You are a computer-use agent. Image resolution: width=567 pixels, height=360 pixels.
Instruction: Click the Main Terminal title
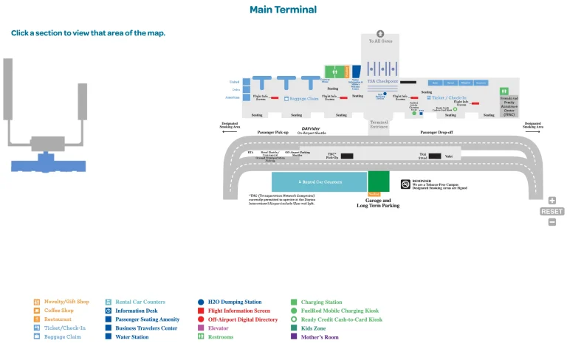tap(283, 10)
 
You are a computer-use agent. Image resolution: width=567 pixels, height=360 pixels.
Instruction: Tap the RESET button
tap(551, 211)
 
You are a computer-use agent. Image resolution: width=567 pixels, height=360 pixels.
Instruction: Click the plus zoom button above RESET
tap(551, 200)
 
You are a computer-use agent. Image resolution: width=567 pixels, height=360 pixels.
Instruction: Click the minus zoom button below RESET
tap(551, 222)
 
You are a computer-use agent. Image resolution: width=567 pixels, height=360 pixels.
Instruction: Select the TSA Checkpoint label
tap(382, 81)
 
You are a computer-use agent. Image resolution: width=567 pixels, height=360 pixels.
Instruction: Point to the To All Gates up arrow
tap(380, 34)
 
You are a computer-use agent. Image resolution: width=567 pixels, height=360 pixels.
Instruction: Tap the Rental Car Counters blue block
tap(319, 181)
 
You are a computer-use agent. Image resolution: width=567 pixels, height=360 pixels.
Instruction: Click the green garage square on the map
tap(378, 181)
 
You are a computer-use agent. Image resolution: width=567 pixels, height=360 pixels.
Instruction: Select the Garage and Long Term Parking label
tap(378, 202)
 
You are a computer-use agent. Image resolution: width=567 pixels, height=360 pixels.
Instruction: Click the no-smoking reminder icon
tap(405, 184)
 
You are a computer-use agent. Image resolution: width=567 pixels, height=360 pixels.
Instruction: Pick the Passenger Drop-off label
tap(436, 132)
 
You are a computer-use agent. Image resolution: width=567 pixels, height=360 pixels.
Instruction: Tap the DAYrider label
tap(311, 128)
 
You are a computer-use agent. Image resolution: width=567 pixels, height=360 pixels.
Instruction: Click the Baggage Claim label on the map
tap(303, 98)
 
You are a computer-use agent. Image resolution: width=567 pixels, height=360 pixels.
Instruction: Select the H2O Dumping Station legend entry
tap(234, 302)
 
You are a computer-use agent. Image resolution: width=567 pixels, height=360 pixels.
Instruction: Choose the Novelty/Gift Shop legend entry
tap(66, 302)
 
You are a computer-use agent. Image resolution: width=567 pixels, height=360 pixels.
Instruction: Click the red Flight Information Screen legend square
tap(201, 311)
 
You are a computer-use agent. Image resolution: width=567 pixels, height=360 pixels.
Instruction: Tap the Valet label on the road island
tap(448, 156)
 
